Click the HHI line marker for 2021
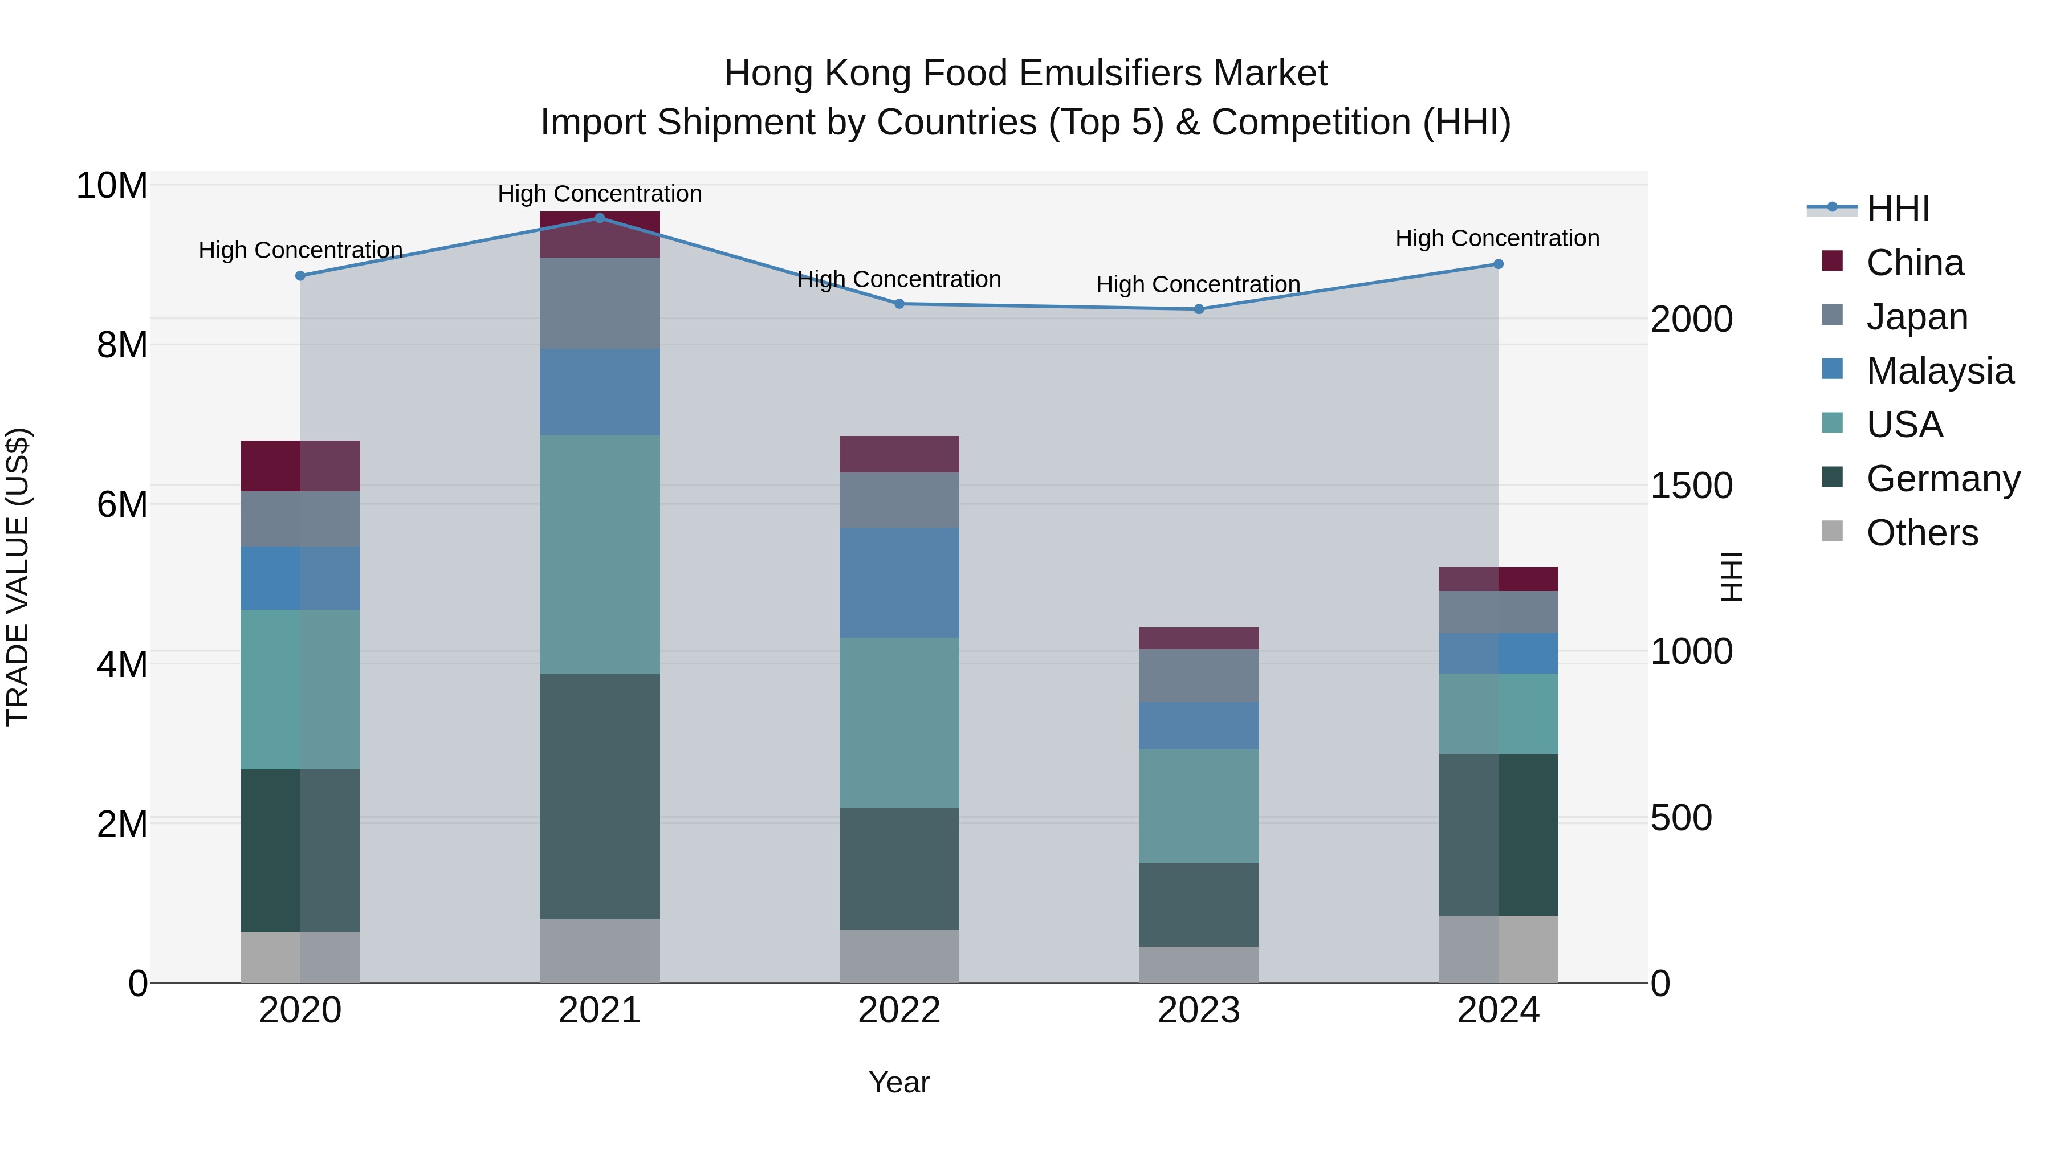click(600, 218)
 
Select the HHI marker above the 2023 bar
click(1199, 309)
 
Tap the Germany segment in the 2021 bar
click(600, 797)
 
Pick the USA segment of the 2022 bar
click(899, 723)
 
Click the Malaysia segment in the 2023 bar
click(1199, 725)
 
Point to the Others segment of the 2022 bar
click(899, 956)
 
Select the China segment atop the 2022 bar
click(899, 454)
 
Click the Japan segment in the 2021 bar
click(600, 303)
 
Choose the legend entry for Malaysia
click(1939, 371)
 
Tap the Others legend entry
click(1921, 533)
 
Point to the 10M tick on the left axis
click(112, 186)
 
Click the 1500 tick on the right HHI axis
click(1691, 486)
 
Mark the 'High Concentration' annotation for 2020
click(300, 250)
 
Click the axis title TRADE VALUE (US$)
click(18, 577)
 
